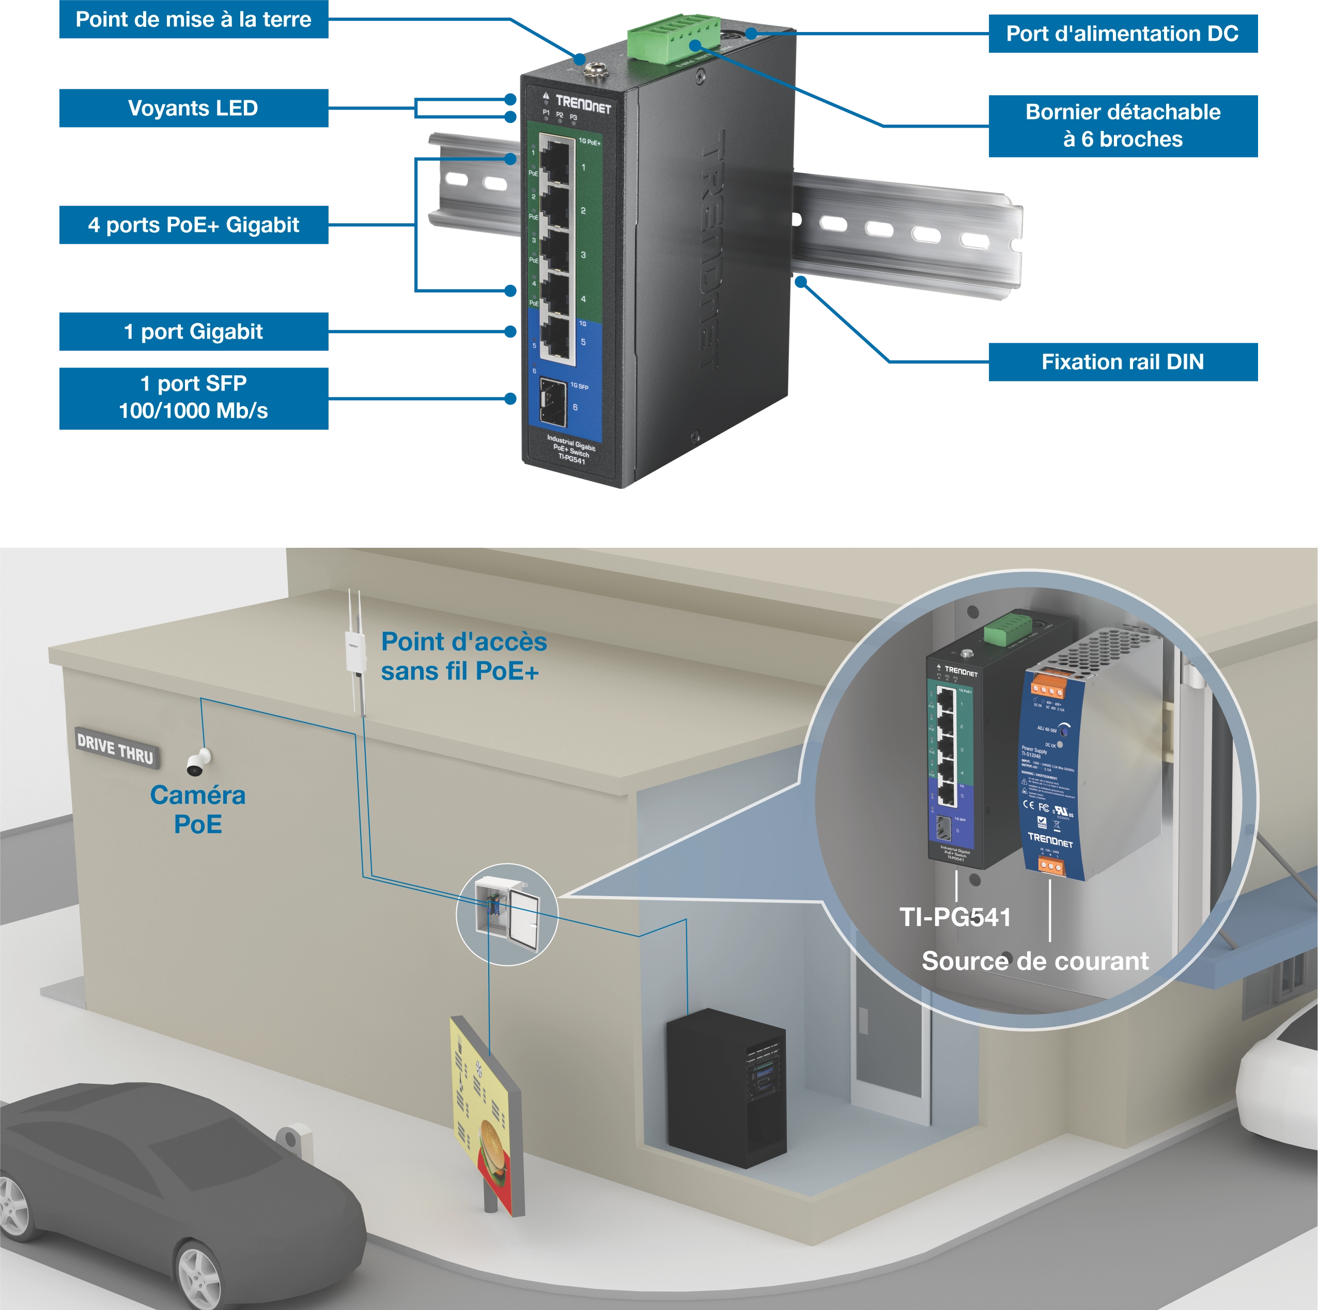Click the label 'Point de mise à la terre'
(x=193, y=20)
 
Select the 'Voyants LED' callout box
(x=193, y=109)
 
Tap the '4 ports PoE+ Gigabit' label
(x=193, y=226)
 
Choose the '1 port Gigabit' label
(x=193, y=332)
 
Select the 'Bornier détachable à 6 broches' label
(x=1122, y=126)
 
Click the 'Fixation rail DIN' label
(x=1122, y=362)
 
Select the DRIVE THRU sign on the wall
(x=115, y=748)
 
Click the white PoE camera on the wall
(x=198, y=763)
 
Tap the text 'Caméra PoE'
(x=197, y=810)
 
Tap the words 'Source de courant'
(x=1034, y=961)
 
